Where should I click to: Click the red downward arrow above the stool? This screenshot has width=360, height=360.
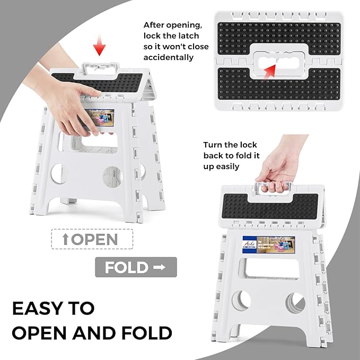point(98,49)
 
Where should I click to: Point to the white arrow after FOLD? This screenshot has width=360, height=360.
point(159,267)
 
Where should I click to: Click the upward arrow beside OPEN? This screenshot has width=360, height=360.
point(65,239)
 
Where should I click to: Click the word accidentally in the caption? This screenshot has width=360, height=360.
point(169,57)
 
